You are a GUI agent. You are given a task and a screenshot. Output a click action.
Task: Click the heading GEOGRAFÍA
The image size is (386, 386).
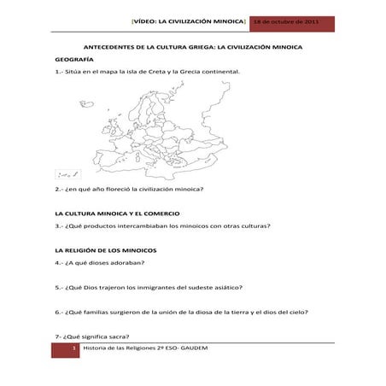point(74,61)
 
